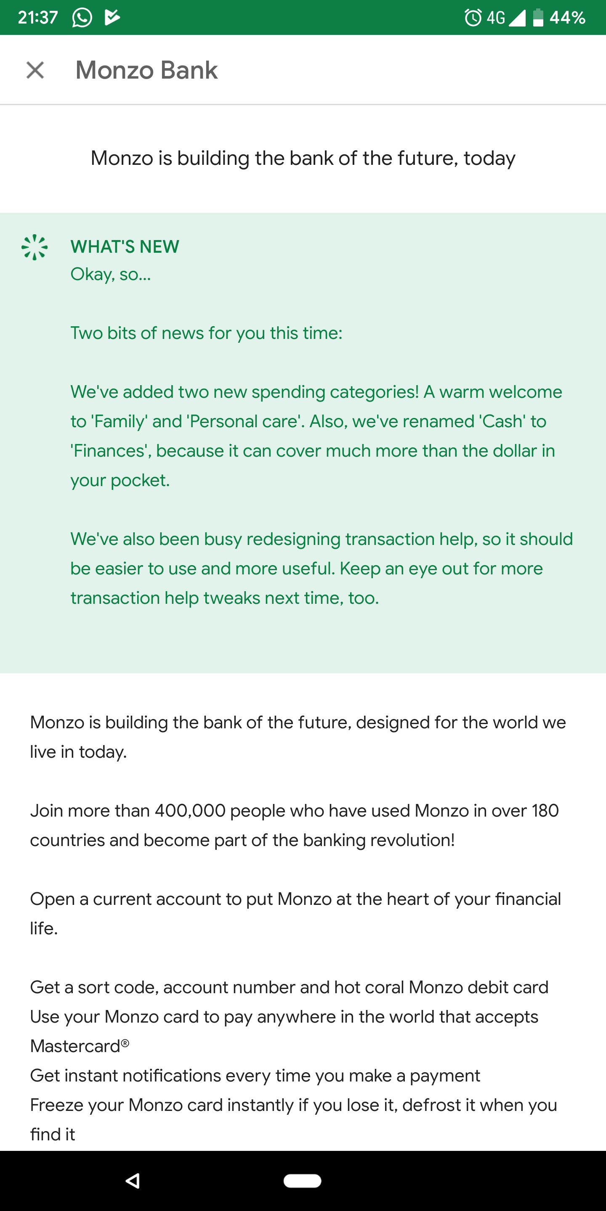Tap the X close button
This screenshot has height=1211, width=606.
[x=35, y=70]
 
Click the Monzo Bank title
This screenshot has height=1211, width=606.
[x=146, y=70]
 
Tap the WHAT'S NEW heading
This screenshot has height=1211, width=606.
[x=125, y=246]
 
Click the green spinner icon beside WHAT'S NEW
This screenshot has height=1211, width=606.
[x=35, y=247]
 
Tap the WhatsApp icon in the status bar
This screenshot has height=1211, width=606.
[x=82, y=18]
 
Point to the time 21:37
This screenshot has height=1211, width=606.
[x=37, y=18]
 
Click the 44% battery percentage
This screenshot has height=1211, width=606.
[x=567, y=18]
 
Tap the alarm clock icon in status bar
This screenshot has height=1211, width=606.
[x=473, y=18]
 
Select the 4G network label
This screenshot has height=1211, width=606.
[x=495, y=18]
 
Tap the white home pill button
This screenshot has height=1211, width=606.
[x=303, y=1180]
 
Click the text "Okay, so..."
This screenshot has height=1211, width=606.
[x=111, y=274]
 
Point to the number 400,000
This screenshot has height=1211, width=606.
[x=190, y=810]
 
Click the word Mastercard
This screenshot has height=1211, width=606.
[x=75, y=1046]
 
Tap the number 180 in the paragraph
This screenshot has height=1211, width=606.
[x=545, y=810]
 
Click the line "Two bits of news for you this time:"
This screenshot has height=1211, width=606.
[x=207, y=333]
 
